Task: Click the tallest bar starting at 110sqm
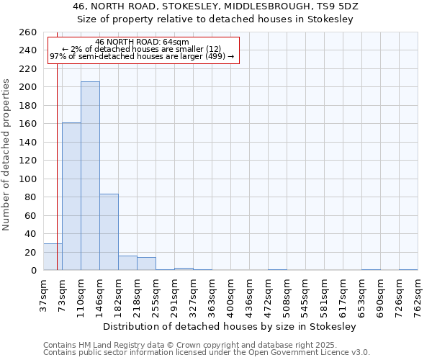90,176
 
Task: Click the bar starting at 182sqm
127,263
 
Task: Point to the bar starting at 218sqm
146,264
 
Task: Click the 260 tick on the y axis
29,32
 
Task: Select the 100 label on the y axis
29,179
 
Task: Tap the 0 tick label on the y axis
34,270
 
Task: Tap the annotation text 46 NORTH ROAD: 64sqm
142,42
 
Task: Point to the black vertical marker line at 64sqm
57,166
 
